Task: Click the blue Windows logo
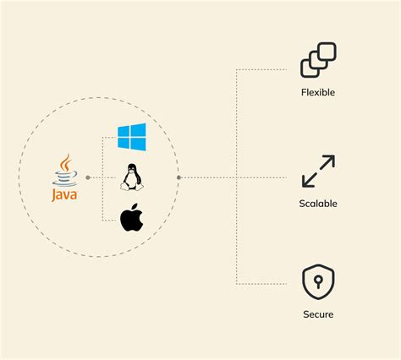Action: click(x=132, y=137)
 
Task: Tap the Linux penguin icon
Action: click(x=132, y=177)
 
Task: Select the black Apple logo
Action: click(x=131, y=217)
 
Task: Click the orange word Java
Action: click(x=64, y=195)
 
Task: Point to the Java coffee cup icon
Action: click(x=65, y=170)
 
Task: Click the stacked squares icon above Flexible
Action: click(x=318, y=60)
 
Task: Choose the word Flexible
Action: click(x=318, y=92)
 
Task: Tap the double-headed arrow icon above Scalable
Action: click(x=318, y=171)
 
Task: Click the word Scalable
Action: click(x=318, y=204)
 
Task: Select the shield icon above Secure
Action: click(x=318, y=281)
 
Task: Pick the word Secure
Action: click(x=318, y=314)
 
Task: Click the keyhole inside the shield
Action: click(x=318, y=281)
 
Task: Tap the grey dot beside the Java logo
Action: click(x=88, y=177)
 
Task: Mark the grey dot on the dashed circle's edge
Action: click(x=179, y=177)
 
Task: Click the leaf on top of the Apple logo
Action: click(x=135, y=207)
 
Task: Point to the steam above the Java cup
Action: click(x=66, y=162)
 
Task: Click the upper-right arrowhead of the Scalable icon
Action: click(x=329, y=161)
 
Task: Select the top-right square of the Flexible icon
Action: click(x=327, y=52)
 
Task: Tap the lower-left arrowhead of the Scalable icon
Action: click(x=308, y=181)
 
